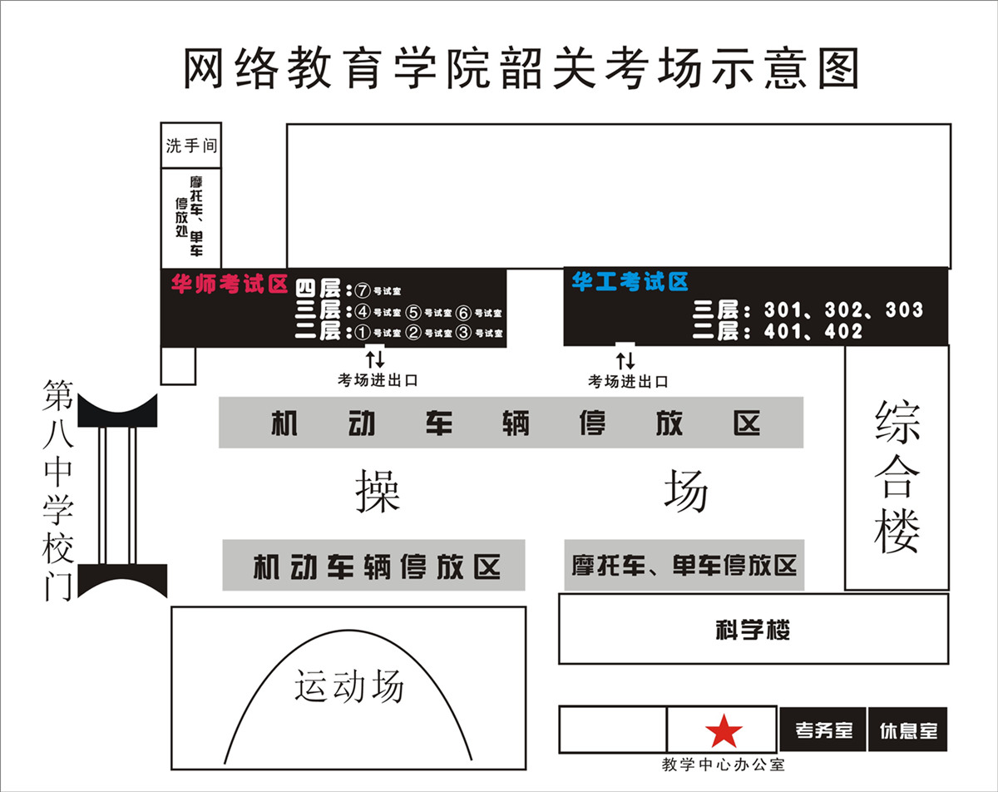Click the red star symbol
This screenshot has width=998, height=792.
click(724, 731)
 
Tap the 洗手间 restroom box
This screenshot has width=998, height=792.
click(191, 146)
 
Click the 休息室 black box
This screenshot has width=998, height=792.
click(908, 730)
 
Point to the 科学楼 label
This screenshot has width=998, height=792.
click(753, 630)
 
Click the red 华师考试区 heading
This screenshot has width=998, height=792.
click(229, 285)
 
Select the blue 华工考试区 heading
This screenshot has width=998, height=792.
click(630, 282)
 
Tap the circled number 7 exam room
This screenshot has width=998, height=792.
click(361, 291)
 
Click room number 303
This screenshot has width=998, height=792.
click(904, 310)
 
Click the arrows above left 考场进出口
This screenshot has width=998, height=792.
click(375, 360)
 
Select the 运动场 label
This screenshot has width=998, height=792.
click(348, 686)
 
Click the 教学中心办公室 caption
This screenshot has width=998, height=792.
click(723, 765)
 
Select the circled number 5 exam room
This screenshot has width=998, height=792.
click(413, 313)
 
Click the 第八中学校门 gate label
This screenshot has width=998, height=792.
click(58, 491)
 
